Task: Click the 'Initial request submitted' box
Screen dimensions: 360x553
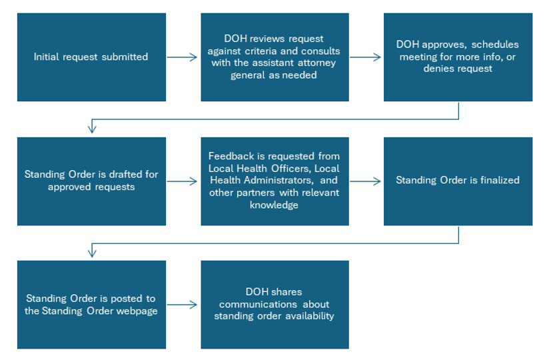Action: [x=91, y=57]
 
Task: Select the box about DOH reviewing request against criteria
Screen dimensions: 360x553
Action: [x=275, y=57]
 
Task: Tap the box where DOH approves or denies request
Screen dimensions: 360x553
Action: [x=458, y=57]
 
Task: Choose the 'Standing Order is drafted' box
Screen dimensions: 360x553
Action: [x=91, y=181]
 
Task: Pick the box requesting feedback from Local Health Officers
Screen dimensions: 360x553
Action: [x=275, y=181]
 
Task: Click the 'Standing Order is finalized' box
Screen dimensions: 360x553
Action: [x=458, y=181]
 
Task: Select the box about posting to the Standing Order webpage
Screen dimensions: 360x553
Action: [x=91, y=305]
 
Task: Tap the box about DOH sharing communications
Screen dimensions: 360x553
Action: [x=275, y=305]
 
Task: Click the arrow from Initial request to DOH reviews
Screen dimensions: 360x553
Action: [x=183, y=57]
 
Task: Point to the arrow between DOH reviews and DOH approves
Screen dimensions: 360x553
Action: [x=366, y=57]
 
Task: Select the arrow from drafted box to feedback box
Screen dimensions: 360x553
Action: [x=183, y=181]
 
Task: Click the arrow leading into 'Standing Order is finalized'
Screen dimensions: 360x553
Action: [x=366, y=181]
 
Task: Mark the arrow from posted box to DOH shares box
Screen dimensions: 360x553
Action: [x=183, y=305]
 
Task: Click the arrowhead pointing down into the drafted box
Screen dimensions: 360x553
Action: [x=93, y=129]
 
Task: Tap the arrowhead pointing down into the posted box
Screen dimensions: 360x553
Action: [x=93, y=253]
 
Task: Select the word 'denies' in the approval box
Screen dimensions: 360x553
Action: [x=438, y=69]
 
